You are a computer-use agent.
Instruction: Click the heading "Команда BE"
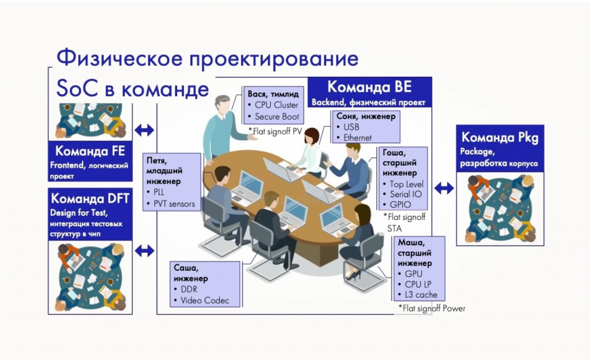pyautogui.click(x=369, y=87)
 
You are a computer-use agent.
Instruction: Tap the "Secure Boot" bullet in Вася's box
pyautogui.click(x=276, y=117)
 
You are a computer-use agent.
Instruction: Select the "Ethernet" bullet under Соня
pyautogui.click(x=357, y=138)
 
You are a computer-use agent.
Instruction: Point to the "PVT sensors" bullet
pyautogui.click(x=174, y=204)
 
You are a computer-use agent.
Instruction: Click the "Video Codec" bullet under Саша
pyautogui.click(x=204, y=300)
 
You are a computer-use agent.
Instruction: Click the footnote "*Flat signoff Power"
pyautogui.click(x=432, y=309)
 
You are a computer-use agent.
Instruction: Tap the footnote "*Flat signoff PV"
pyautogui.click(x=275, y=131)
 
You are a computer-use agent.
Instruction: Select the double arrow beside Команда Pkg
pyautogui.click(x=444, y=187)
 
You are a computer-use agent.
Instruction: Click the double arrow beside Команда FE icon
pyautogui.click(x=144, y=130)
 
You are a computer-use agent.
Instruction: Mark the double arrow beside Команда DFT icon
pyautogui.click(x=144, y=250)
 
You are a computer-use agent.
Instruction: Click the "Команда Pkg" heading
pyautogui.click(x=500, y=137)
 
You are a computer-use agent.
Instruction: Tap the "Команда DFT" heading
pyautogui.click(x=90, y=199)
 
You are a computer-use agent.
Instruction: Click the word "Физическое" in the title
pyautogui.click(x=116, y=59)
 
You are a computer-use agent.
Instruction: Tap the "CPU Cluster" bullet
pyautogui.click(x=276, y=105)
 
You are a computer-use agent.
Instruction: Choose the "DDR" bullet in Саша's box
pyautogui.click(x=189, y=289)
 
